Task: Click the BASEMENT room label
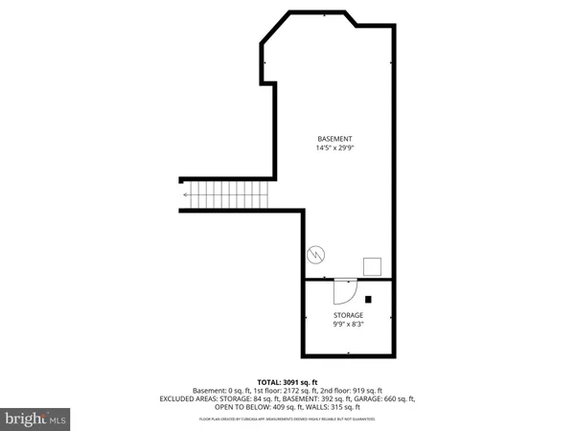[x=335, y=138]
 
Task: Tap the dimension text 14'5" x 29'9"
[x=335, y=147]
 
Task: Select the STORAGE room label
[x=348, y=314]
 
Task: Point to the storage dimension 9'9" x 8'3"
[x=348, y=324]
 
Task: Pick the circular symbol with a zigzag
[x=317, y=256]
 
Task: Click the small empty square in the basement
[x=373, y=266]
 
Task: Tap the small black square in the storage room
[x=367, y=298]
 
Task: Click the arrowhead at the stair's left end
[x=186, y=195]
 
